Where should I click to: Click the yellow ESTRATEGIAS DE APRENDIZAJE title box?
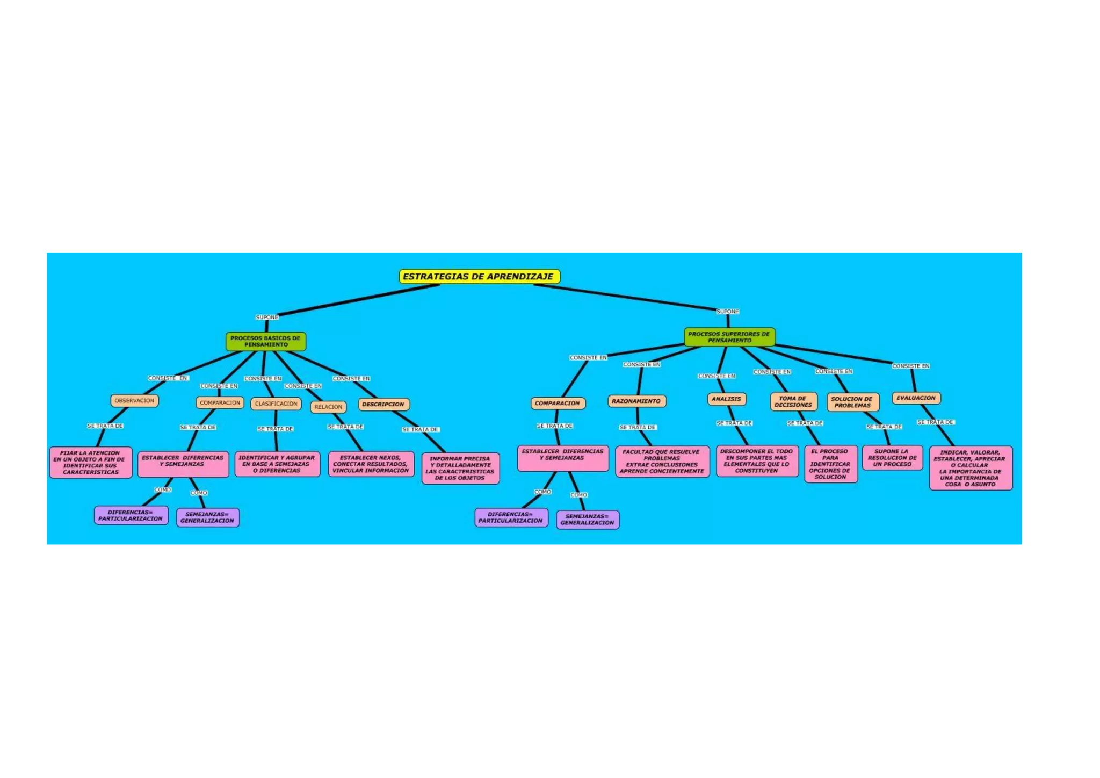[x=479, y=277]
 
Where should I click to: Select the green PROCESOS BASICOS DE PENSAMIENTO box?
[x=266, y=342]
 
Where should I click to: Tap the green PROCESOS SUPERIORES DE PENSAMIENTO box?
[x=729, y=337]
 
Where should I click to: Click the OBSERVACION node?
[x=134, y=401]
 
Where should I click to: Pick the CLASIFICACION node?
[x=276, y=404]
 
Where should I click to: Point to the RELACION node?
[x=328, y=407]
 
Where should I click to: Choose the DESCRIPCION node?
[x=383, y=405]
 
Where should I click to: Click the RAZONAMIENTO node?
[x=636, y=401]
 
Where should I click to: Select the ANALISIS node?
[x=726, y=399]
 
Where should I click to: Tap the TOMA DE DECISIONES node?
[x=793, y=402]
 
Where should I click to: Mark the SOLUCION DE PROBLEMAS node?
[x=852, y=402]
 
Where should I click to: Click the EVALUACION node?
[x=916, y=398]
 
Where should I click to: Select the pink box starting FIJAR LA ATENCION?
[x=91, y=463]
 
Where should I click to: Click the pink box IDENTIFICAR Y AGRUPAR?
[x=277, y=464]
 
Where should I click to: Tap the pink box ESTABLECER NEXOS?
[x=371, y=464]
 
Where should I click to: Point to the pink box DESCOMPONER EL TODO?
[x=757, y=461]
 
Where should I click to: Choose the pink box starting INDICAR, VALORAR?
[x=971, y=469]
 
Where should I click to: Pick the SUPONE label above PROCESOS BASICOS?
[x=267, y=318]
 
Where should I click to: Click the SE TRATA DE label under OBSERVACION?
[x=105, y=426]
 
